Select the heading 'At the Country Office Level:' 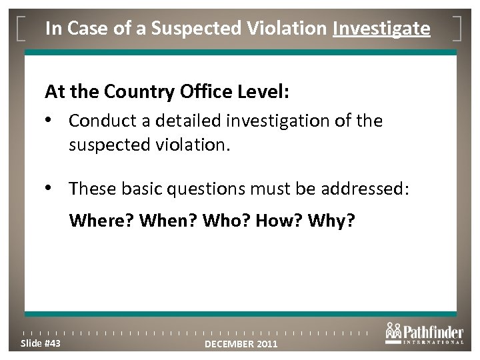(x=167, y=91)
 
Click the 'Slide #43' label (x=41, y=343)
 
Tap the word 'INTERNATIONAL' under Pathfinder (x=435, y=343)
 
